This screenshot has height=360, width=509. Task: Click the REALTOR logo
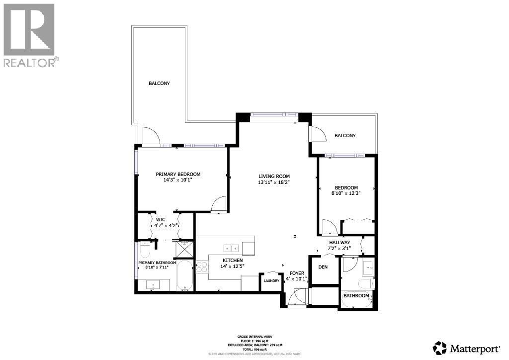[29, 35]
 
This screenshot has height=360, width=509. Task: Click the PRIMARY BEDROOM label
[178, 174]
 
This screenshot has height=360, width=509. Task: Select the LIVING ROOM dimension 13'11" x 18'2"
[274, 182]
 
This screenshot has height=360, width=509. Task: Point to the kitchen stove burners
[202, 268]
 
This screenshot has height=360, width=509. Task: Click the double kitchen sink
[231, 248]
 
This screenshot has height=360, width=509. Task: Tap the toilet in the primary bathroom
[146, 247]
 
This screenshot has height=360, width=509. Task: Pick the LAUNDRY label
[271, 281]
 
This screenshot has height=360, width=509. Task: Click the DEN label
[323, 267]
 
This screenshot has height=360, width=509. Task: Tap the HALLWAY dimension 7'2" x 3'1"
[339, 248]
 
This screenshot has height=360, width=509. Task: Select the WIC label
[161, 219]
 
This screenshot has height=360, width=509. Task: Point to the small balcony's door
[317, 134]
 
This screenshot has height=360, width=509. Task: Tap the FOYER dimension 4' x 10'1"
[297, 279]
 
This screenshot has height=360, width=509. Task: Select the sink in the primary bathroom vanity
[152, 285]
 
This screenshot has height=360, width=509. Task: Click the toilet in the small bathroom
[365, 283]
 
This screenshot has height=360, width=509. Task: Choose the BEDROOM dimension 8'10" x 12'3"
[346, 193]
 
